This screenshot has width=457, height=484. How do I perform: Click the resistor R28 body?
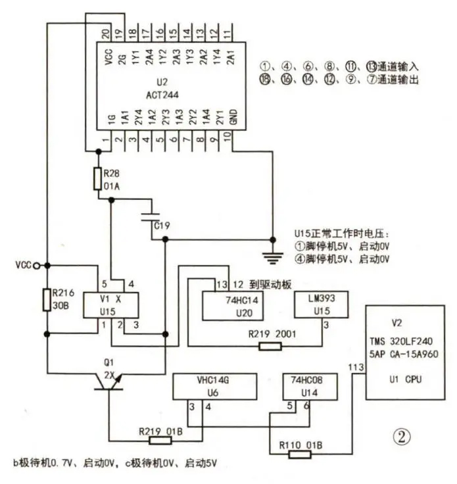tap(98, 178)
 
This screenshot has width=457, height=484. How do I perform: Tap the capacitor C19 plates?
tap(151, 217)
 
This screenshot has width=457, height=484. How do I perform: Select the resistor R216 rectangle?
tap(47, 300)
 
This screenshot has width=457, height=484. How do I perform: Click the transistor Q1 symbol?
tap(108, 382)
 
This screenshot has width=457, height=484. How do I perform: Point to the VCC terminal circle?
tap(36, 265)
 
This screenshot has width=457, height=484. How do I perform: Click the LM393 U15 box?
tap(322, 304)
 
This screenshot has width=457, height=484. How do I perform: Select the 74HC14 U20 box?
tap(233, 306)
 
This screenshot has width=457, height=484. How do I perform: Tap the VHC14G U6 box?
tap(215, 387)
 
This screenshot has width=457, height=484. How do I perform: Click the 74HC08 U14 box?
tap(310, 387)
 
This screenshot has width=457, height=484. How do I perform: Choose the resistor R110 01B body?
tap(300, 454)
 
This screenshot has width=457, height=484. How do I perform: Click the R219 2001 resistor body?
tap(270, 347)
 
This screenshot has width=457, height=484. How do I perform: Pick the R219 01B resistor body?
tap(160, 441)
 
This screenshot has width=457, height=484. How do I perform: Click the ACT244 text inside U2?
tap(162, 95)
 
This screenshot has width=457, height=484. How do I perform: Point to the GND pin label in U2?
tap(233, 116)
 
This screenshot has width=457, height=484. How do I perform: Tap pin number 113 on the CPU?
tap(356, 368)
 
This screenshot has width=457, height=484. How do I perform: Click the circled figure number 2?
tap(402, 437)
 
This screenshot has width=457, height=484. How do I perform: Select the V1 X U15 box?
tap(110, 305)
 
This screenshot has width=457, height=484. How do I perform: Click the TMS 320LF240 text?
tap(401, 341)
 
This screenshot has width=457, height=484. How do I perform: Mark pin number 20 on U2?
tap(106, 32)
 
